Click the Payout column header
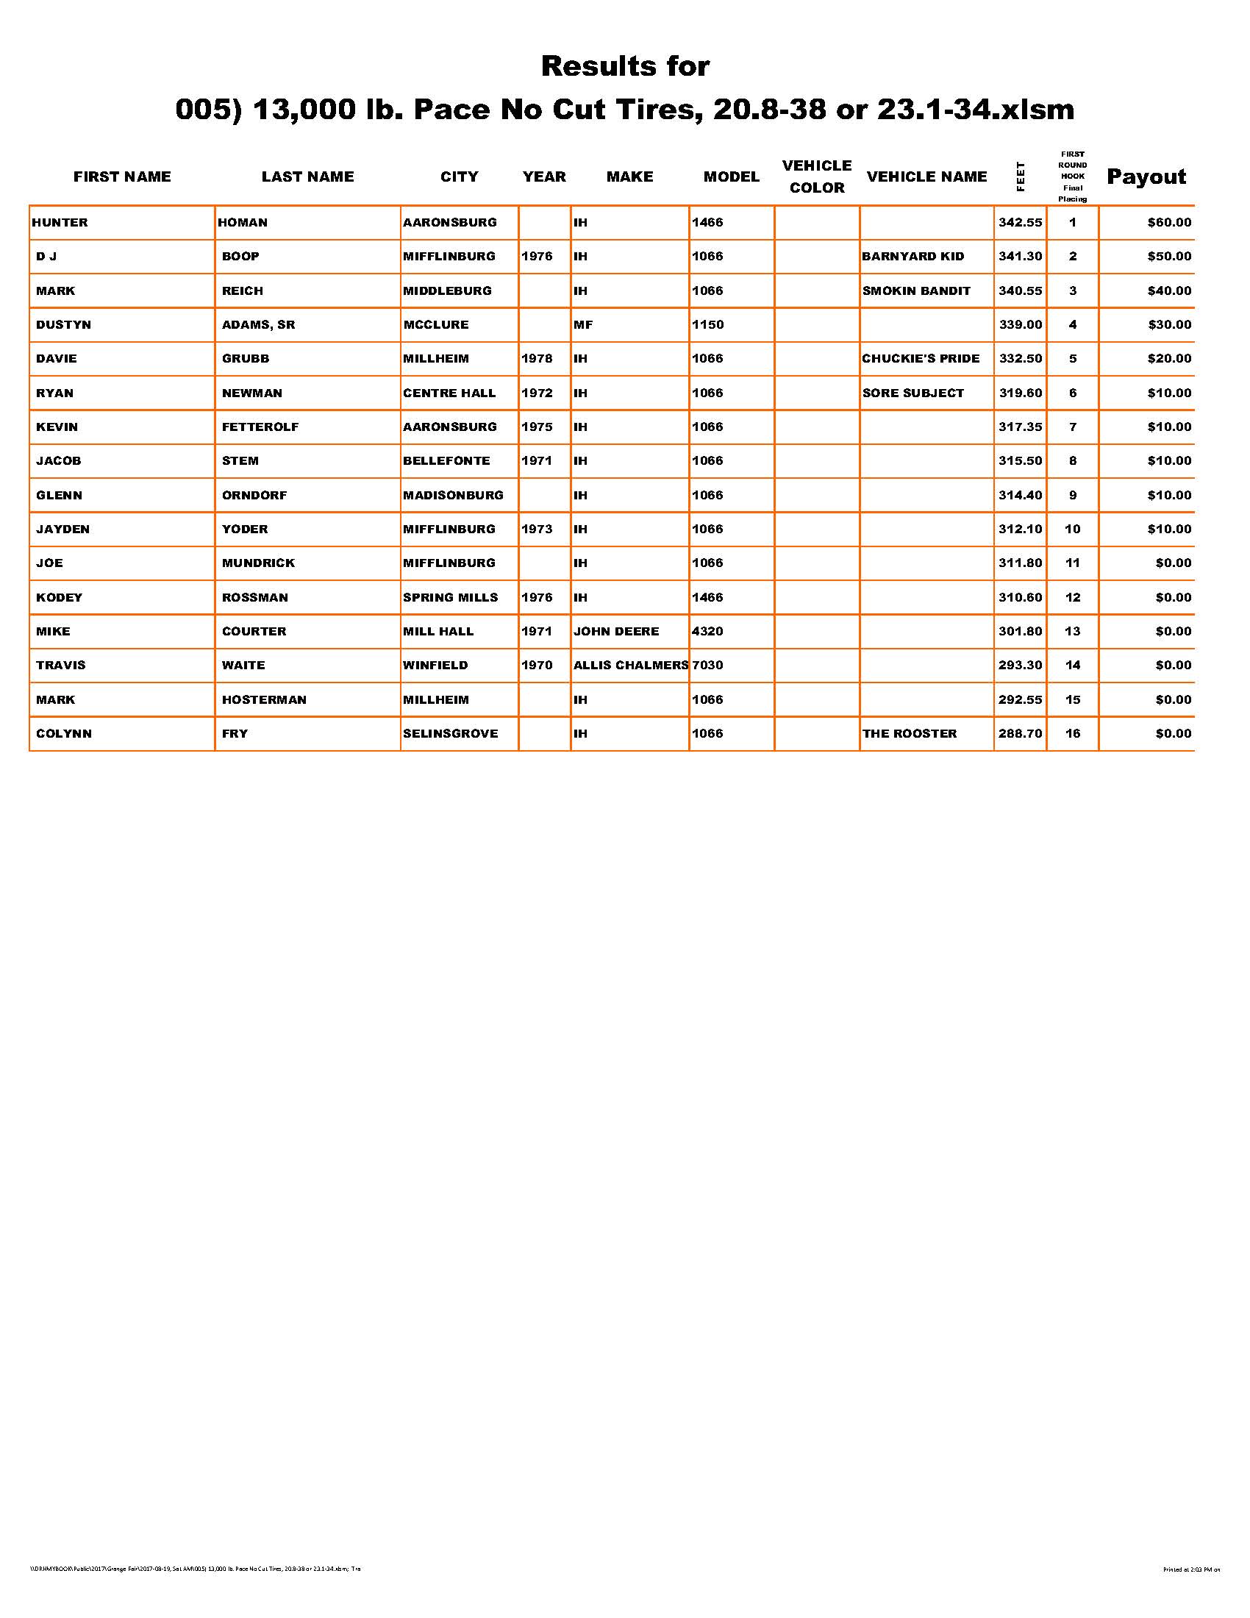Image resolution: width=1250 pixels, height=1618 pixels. pyautogui.click(x=1146, y=177)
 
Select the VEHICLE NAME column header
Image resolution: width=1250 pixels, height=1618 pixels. pyautogui.click(x=926, y=177)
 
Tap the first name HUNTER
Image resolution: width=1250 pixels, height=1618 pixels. pyautogui.click(x=60, y=222)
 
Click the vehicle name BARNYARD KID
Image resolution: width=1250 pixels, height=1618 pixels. pyautogui.click(x=913, y=257)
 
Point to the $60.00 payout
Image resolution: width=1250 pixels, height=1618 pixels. pyautogui.click(x=1169, y=222)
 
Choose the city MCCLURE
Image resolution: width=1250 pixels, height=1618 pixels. pyautogui.click(x=435, y=324)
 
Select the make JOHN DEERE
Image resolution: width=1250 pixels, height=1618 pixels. pyautogui.click(x=616, y=631)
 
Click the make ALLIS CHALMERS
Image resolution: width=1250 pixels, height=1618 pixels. pyautogui.click(x=631, y=666)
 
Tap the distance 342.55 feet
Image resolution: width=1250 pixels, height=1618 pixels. pyautogui.click(x=1020, y=222)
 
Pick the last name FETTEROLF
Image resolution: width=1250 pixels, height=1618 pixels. pyautogui.click(x=260, y=427)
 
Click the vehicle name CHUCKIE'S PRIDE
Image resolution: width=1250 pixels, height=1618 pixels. pyautogui.click(x=921, y=359)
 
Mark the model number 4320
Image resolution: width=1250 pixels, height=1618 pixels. pyautogui.click(x=707, y=631)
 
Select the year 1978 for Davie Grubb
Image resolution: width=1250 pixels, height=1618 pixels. pyautogui.click(x=537, y=359)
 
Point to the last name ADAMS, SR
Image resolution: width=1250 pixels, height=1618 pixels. pyautogui.click(x=258, y=324)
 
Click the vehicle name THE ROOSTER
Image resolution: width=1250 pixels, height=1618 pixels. pyautogui.click(x=910, y=733)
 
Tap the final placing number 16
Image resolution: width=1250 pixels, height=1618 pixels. pyautogui.click(x=1072, y=733)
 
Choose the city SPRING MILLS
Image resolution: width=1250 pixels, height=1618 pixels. pyautogui.click(x=450, y=597)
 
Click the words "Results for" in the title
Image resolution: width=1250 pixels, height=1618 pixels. pyautogui.click(x=625, y=66)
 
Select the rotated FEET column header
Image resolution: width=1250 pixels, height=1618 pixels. pyautogui.click(x=1021, y=177)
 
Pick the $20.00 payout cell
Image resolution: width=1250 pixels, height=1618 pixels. pyautogui.click(x=1169, y=359)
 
